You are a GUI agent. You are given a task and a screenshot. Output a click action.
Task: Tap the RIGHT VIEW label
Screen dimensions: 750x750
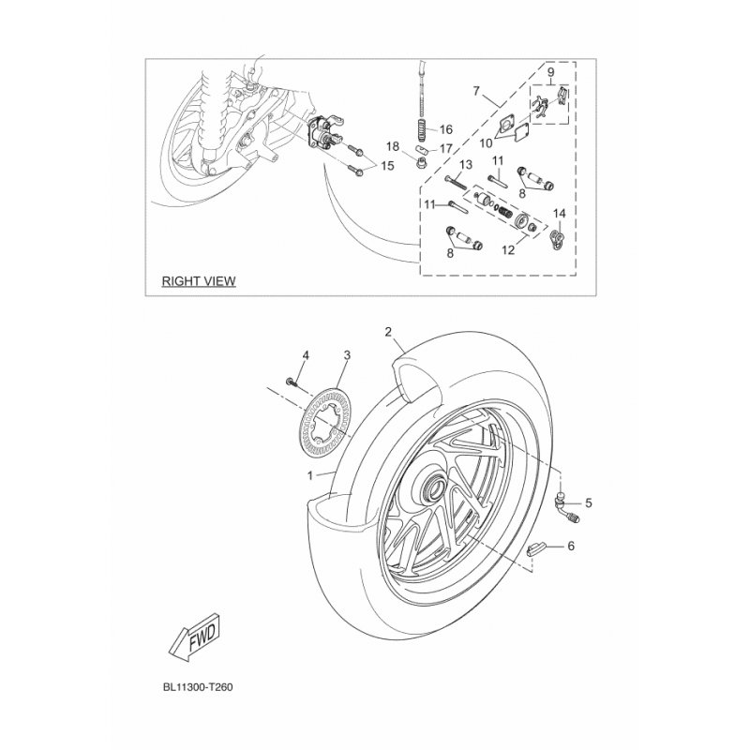(199, 280)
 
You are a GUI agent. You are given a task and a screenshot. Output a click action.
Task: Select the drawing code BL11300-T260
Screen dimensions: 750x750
(198, 687)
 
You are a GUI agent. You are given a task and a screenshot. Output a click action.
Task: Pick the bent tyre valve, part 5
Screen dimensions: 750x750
(565, 508)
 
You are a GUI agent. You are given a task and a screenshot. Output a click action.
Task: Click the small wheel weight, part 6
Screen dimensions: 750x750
(533, 551)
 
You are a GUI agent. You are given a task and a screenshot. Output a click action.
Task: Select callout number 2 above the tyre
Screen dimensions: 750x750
(388, 332)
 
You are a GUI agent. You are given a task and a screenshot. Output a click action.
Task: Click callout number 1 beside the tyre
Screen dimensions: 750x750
(310, 475)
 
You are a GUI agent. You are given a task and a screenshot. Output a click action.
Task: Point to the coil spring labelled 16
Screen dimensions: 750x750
(419, 128)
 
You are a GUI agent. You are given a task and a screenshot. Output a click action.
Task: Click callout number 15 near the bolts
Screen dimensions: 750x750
(387, 166)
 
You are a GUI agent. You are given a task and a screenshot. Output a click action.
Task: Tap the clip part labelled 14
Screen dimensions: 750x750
(557, 238)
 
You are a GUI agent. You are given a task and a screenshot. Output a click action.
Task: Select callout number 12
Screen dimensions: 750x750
(508, 249)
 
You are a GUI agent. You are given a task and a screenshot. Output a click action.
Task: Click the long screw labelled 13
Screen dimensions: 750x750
(455, 183)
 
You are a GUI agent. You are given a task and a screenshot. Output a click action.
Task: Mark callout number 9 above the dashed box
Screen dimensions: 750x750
(550, 72)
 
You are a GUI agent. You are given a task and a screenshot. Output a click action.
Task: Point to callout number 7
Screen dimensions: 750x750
(475, 90)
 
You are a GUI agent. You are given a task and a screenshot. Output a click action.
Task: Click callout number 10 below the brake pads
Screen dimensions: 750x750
(485, 142)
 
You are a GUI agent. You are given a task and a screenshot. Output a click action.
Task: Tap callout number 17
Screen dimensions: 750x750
(446, 149)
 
